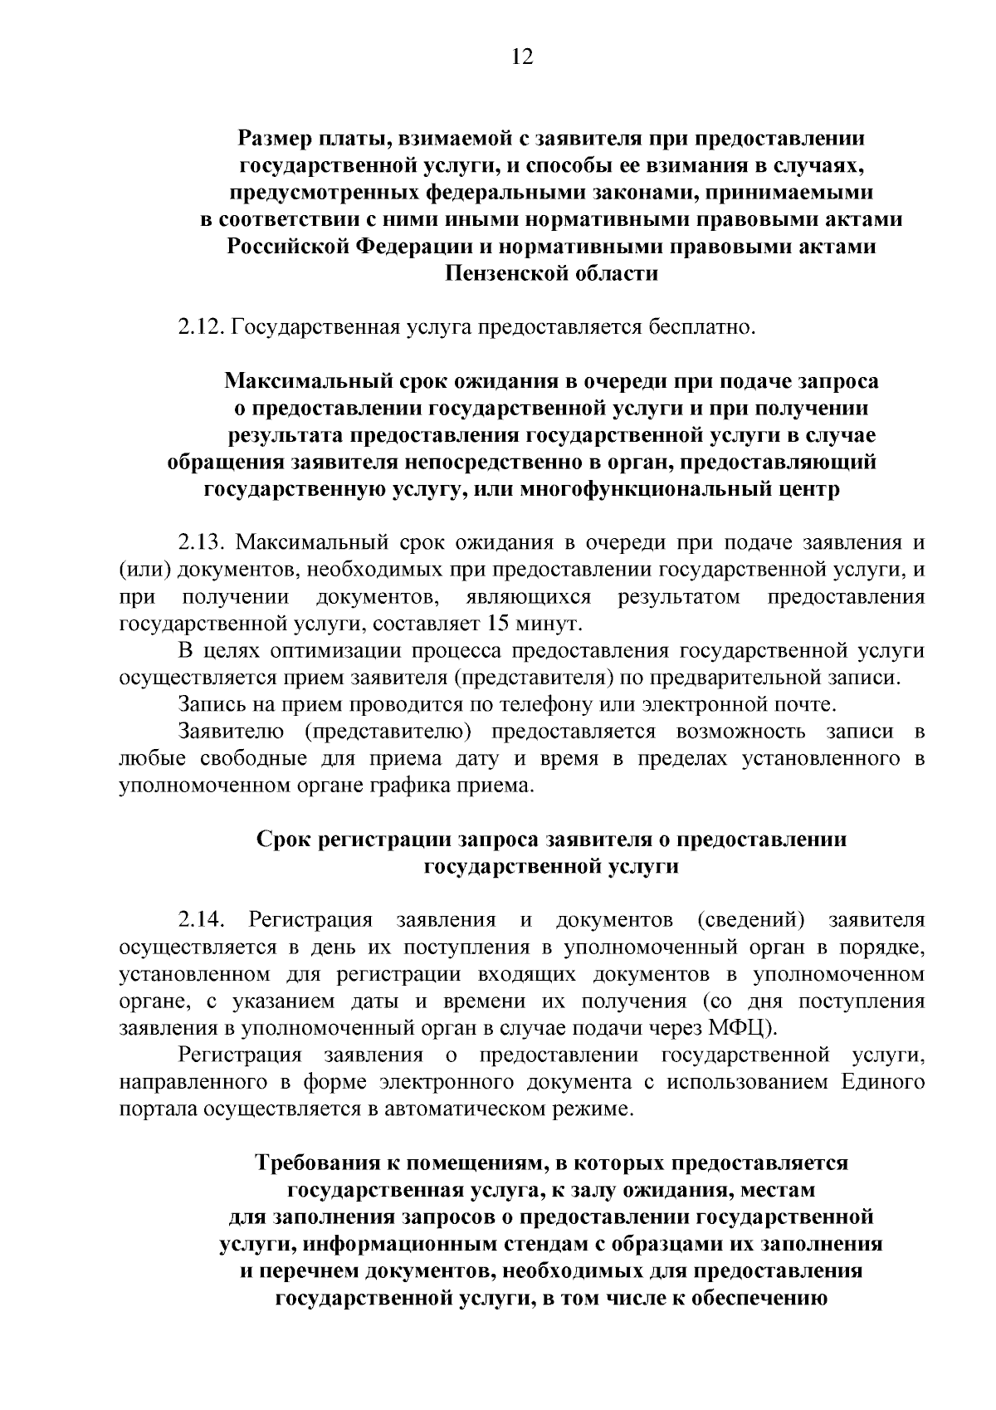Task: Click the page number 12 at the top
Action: click(x=521, y=56)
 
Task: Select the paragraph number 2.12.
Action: click(x=202, y=327)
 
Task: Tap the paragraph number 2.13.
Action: click(x=202, y=543)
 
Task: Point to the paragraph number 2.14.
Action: click(x=202, y=920)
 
